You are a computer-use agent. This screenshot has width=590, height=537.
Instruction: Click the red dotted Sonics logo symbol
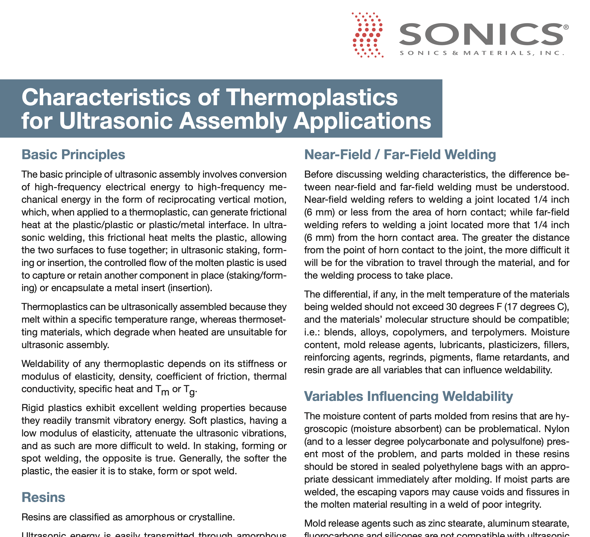click(367, 35)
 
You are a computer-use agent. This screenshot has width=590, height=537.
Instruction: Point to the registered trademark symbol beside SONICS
click(566, 27)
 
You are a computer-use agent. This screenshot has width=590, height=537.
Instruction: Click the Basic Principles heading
click(73, 155)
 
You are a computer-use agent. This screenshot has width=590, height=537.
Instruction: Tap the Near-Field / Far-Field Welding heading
click(400, 155)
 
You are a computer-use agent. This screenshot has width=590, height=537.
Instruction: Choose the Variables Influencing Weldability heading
click(408, 396)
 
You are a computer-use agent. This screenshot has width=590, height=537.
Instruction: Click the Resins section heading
click(43, 497)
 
